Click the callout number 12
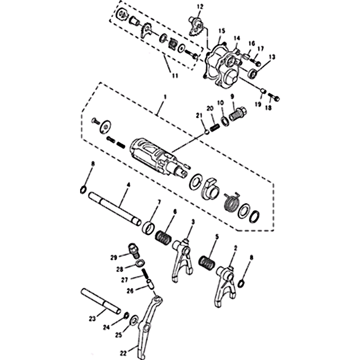pyautogui.click(x=200, y=7)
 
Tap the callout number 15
pyautogui.click(x=222, y=31)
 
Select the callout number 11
pyautogui.click(x=175, y=76)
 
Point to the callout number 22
pyautogui.click(x=123, y=353)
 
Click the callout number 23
pyautogui.click(x=92, y=319)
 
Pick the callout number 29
pyautogui.click(x=114, y=257)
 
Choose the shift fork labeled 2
pyautogui.click(x=225, y=286)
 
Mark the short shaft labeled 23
pyautogui.click(x=100, y=301)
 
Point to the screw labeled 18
pyautogui.click(x=274, y=97)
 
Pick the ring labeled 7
pyautogui.click(x=148, y=229)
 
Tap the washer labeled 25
pyautogui.click(x=134, y=320)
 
